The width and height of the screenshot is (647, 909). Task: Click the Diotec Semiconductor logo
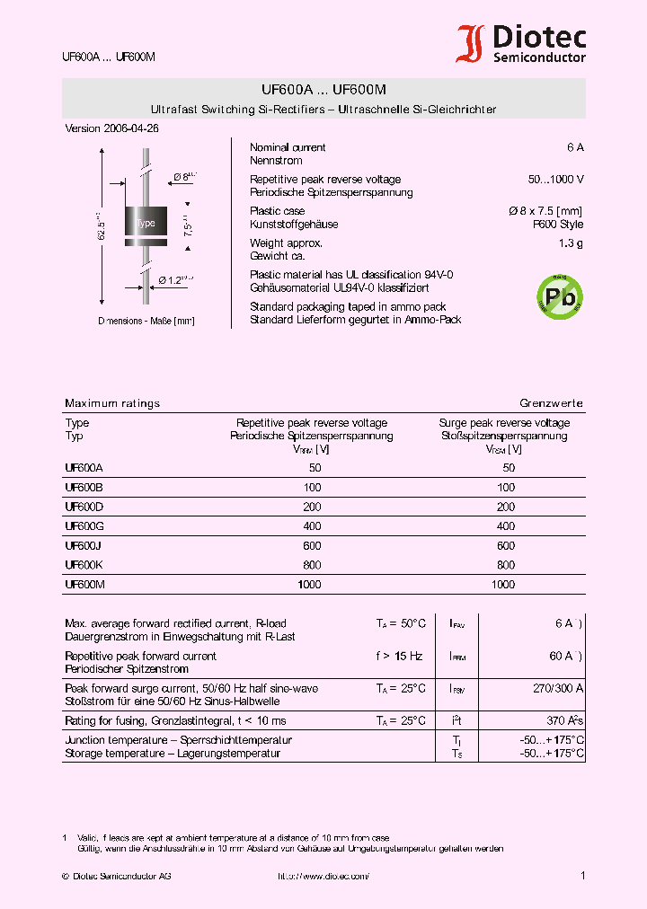521,44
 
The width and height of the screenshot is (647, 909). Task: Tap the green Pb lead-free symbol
559,294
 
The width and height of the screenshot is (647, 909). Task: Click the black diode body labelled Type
144,223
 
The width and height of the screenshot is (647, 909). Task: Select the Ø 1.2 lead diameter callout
175,280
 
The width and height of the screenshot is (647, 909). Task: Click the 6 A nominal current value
575,147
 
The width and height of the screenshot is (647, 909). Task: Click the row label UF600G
84,526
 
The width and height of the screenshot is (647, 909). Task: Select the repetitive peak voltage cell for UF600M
310,585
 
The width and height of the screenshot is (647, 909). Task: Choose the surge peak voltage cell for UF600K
506,565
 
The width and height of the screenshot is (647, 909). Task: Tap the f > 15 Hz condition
399,656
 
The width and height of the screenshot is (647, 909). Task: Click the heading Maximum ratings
112,403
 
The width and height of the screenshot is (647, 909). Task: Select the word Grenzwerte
551,403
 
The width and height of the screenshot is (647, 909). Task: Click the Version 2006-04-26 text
112,128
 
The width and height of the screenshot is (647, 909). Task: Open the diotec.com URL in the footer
323,876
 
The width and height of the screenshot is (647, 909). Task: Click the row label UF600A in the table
84,468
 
